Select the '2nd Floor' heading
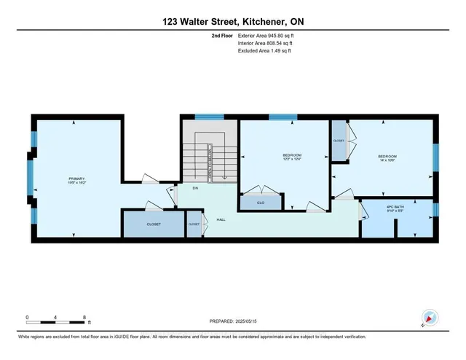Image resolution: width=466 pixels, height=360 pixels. [221, 35]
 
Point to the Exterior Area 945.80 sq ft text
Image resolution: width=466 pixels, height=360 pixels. [266, 35]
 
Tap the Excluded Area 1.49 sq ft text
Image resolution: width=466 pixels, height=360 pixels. [264, 52]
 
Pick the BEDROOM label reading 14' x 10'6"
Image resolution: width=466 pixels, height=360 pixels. [387, 158]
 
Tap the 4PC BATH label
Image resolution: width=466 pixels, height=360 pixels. [396, 209]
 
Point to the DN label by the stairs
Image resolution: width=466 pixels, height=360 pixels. [196, 188]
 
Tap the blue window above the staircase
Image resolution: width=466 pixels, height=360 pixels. [208, 116]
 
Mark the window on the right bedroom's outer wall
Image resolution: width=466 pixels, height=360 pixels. [435, 160]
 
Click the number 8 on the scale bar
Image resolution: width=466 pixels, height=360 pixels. [84, 318]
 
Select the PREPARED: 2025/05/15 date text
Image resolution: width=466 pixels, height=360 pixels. [233, 318]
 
